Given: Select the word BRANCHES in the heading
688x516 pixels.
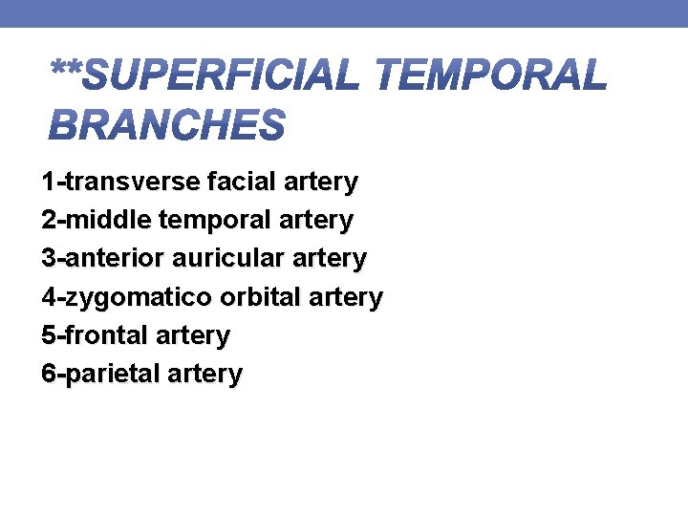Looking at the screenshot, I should pyautogui.click(x=167, y=125).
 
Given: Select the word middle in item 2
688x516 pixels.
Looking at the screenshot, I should pyautogui.click(x=109, y=220).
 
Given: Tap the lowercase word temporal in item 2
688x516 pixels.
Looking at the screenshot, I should pyautogui.click(x=215, y=220).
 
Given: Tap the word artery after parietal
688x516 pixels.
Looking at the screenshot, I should pyautogui.click(x=204, y=374).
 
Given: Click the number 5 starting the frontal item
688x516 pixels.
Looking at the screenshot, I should pyautogui.click(x=49, y=335).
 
